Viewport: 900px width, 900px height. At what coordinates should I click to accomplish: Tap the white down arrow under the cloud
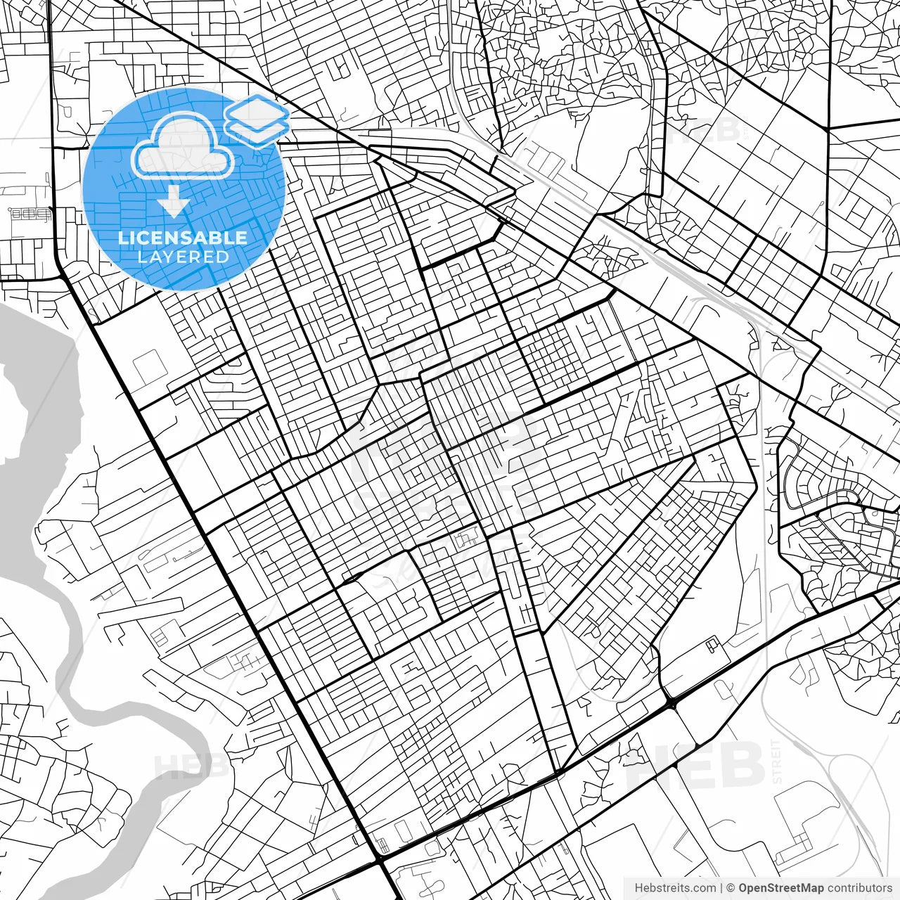173,203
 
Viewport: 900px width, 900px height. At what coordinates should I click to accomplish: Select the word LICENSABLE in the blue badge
183,238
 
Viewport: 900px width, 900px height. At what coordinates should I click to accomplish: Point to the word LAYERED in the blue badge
183,257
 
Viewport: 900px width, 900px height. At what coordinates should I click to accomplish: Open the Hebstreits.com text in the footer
675,888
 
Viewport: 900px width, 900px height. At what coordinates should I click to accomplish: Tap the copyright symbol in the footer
731,888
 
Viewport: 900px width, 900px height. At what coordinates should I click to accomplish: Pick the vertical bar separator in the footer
721,888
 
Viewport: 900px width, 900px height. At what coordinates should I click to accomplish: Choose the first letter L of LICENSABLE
122,238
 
